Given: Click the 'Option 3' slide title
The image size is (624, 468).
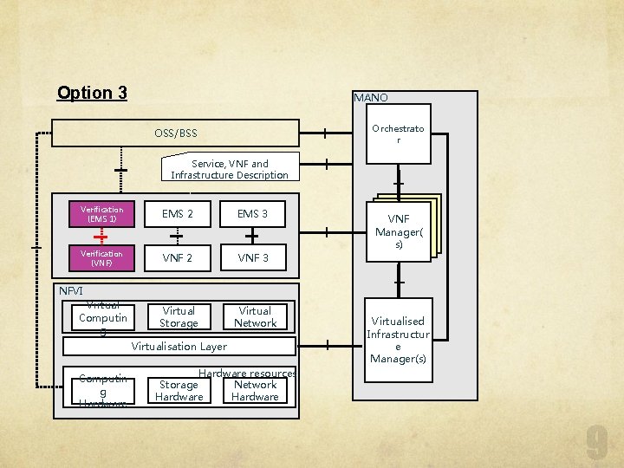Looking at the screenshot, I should (92, 93).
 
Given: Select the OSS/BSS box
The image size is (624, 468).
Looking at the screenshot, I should (175, 133).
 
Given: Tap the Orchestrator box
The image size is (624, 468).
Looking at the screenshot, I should (398, 134).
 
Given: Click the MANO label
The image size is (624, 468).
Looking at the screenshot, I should (371, 98).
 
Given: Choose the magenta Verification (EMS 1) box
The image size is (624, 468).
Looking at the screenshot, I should (102, 214).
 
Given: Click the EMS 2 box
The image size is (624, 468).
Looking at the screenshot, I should (179, 214).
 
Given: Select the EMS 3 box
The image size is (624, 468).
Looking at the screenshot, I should (253, 214).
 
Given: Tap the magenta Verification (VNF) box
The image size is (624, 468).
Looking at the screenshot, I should (102, 257).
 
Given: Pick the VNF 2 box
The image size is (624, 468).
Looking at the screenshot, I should (179, 257).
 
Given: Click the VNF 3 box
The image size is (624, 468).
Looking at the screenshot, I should (253, 257).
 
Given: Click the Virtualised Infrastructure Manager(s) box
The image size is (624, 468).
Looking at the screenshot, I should (398, 334).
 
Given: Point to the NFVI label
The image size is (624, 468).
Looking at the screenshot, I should (70, 290).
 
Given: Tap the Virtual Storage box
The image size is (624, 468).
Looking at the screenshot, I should (179, 317).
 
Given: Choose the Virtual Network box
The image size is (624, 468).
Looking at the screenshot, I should (255, 317).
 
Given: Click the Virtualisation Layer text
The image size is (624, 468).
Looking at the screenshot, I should (179, 346).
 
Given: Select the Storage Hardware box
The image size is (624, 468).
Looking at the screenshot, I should (179, 391).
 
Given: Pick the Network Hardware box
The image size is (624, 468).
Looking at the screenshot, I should (255, 391).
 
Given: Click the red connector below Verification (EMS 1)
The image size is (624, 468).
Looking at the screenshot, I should (102, 236).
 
